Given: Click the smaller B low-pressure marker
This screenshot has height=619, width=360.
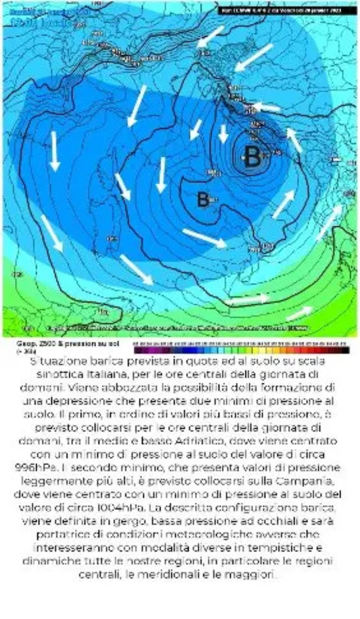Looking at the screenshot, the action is click(x=202, y=200).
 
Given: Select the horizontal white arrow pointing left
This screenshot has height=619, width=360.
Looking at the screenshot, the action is click(x=267, y=107).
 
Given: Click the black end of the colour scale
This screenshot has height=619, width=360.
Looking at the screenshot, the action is click(x=345, y=350).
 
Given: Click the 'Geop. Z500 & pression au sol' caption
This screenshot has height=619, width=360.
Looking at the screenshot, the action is click(x=68, y=344).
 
